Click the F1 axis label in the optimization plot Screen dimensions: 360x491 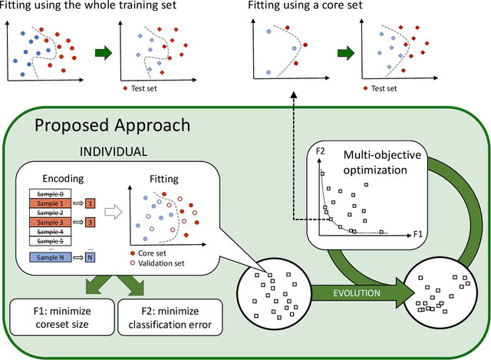point(417,231)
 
